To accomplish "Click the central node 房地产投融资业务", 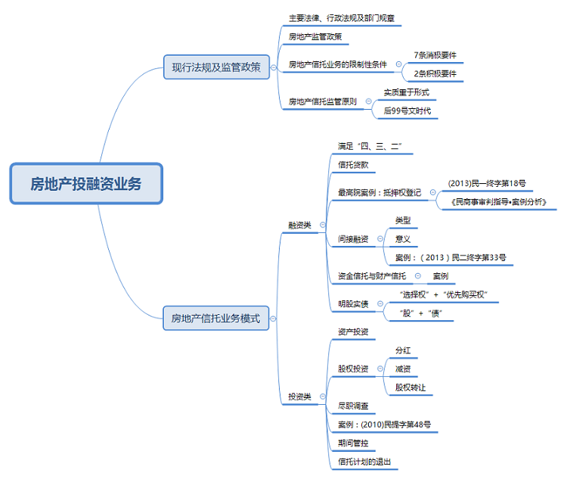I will (x=86, y=184).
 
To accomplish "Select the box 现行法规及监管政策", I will (x=215, y=67).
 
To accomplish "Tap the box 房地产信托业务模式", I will (x=215, y=319).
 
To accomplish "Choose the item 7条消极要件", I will (x=435, y=55).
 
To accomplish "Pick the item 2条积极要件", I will (x=435, y=74).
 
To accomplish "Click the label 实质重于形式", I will (x=406, y=92).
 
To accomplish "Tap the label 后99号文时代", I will (x=406, y=110).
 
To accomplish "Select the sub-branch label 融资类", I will (x=299, y=225).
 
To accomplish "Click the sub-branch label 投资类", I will (x=299, y=397).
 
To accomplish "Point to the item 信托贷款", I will (x=353, y=164).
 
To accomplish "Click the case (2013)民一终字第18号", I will (x=486, y=183).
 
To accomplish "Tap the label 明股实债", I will (x=353, y=304).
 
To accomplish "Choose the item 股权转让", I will (x=411, y=387).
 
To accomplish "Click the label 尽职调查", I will (x=353, y=406).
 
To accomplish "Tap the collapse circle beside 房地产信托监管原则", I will (x=368, y=101).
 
